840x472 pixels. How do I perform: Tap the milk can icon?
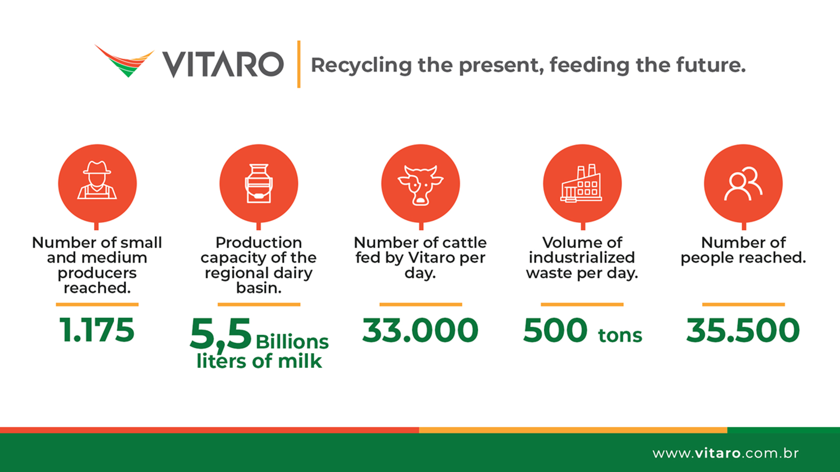pos(259,184)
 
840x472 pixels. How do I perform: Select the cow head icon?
pos(420,185)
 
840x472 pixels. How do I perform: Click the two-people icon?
pos(743,184)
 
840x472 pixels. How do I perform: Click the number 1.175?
pos(97,330)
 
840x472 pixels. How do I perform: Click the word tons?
pos(620,335)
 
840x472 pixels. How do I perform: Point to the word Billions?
pos(292,342)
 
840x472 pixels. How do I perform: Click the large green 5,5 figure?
pos(221,334)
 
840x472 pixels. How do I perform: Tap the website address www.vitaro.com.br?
pos(725,453)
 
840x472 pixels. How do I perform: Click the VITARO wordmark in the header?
pos(223,64)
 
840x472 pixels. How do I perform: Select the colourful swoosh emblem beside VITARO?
pos(124,60)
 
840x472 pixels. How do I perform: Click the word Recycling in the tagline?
pos(361,66)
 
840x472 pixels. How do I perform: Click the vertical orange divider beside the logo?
pos(299,64)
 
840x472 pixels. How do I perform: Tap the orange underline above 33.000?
pos(420,304)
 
